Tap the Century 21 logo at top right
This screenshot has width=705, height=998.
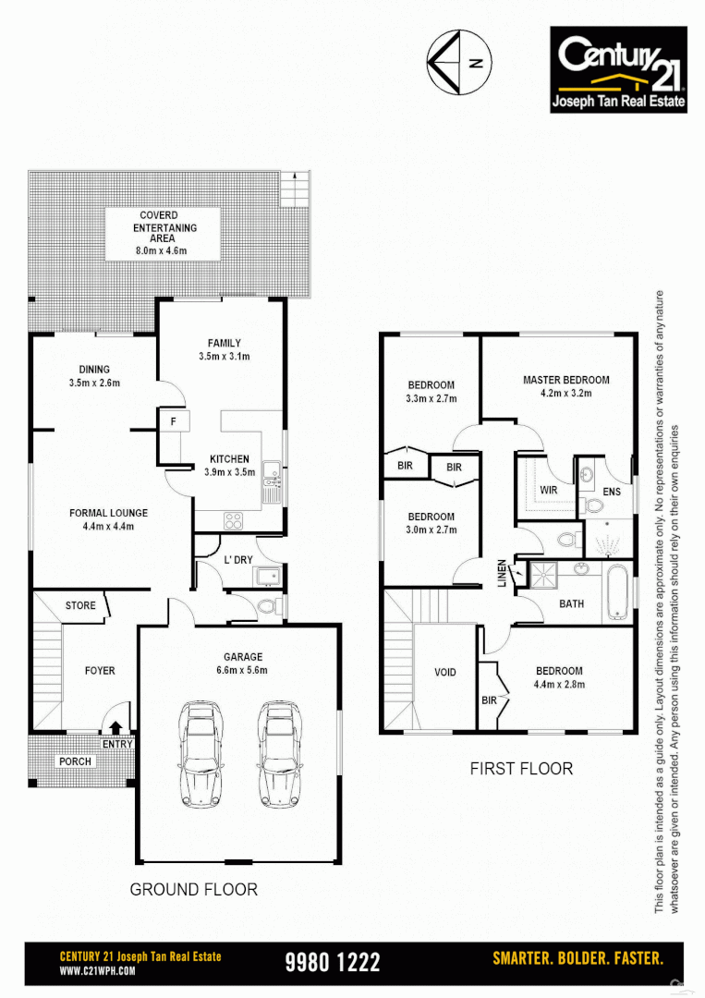coord(618,69)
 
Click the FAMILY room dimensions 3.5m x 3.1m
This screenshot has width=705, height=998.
coord(225,356)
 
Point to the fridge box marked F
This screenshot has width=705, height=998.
coord(173,422)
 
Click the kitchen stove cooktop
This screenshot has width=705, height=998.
coord(233,520)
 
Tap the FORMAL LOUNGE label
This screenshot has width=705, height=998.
coord(108,513)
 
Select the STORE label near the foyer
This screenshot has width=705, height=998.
coord(80,605)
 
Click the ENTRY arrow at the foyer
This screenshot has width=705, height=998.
coord(117,730)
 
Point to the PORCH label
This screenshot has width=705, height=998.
coord(75,761)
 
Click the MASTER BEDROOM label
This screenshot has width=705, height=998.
coord(565,380)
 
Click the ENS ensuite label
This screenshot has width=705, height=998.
coord(612,492)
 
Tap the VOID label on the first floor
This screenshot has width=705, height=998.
coord(444,672)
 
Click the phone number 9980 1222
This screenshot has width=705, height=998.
coord(333,962)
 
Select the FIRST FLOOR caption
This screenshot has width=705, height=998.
coord(521,768)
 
